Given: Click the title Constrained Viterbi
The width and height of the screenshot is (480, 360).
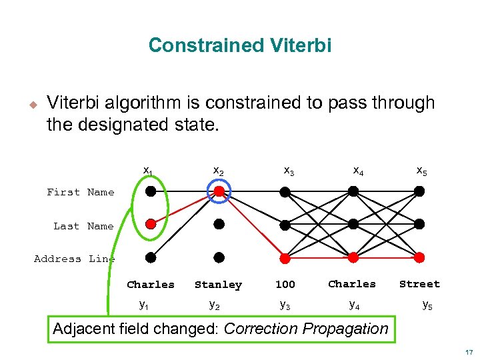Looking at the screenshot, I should (239, 45).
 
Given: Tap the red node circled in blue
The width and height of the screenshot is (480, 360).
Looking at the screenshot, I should (219, 192).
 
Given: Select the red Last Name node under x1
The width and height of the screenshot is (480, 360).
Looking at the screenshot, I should (151, 224).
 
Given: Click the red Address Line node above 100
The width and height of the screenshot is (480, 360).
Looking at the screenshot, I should (285, 257).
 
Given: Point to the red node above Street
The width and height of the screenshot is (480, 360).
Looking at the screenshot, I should (419, 257).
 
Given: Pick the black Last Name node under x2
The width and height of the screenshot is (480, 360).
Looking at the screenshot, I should (219, 224).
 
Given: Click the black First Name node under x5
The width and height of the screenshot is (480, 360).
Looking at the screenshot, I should (419, 191).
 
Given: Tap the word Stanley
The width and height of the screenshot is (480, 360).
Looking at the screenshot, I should (218, 285).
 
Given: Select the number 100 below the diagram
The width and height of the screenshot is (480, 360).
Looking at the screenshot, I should (285, 285).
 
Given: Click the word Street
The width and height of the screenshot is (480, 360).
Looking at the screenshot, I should (419, 284).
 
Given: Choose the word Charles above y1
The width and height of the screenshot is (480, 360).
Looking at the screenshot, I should (151, 285).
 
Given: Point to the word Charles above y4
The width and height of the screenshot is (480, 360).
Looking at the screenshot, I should (352, 284).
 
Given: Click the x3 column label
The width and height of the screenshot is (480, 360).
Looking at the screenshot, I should (289, 171).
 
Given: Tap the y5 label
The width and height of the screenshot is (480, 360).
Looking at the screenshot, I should (427, 306).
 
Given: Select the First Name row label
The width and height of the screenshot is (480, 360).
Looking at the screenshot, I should (81, 192).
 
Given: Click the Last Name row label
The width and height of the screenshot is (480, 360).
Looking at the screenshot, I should (83, 226).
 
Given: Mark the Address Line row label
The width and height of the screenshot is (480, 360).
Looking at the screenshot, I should (74, 259).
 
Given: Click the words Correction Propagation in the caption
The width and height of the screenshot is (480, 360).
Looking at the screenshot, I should (306, 329).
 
